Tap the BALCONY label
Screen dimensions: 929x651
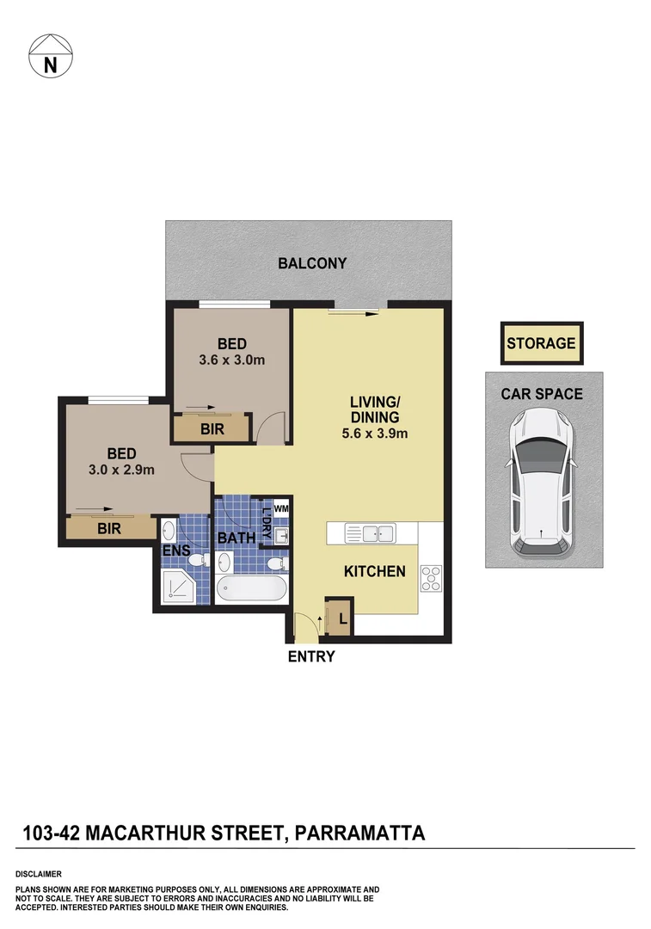pyautogui.click(x=312, y=263)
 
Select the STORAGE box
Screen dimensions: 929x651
pyautogui.click(x=541, y=343)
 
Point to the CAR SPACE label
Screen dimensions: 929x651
pyautogui.click(x=542, y=394)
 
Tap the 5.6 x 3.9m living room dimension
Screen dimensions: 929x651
pyautogui.click(x=374, y=434)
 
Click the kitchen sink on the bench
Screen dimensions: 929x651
pyautogui.click(x=378, y=534)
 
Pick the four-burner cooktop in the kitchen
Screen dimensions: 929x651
pyautogui.click(x=430, y=579)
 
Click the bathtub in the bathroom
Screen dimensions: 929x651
pyautogui.click(x=251, y=590)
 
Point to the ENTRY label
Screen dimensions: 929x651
pyautogui.click(x=310, y=658)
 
